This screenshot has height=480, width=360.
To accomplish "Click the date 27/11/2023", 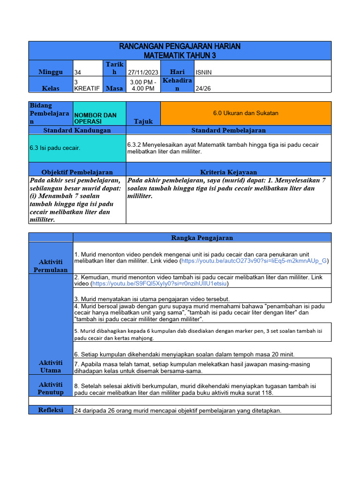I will pyautogui.click(x=143, y=72).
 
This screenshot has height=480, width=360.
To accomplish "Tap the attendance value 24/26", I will pyautogui.click(x=203, y=88).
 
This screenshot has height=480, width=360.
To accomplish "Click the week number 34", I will pyautogui.click(x=78, y=72).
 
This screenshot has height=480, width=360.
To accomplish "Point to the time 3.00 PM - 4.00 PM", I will pyautogui.click(x=143, y=85).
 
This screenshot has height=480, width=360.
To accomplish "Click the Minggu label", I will pyautogui.click(x=51, y=72).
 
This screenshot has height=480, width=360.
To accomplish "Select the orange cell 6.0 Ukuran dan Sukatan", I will pyautogui.click(x=246, y=113).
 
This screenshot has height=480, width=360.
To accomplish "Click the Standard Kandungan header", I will pyautogui.click(x=77, y=130).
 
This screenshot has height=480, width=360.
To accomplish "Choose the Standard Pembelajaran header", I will pyautogui.click(x=228, y=130).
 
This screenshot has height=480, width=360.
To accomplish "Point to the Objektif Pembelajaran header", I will pyautogui.click(x=77, y=172).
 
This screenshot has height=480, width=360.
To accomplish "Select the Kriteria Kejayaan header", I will pyautogui.click(x=228, y=172).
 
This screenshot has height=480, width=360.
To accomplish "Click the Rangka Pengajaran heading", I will pyautogui.click(x=202, y=238).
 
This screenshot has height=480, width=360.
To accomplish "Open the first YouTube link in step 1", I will pyautogui.click(x=255, y=261).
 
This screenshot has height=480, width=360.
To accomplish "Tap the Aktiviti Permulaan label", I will pyautogui.click(x=51, y=266).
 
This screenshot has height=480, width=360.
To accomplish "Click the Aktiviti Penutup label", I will pyautogui.click(x=51, y=388).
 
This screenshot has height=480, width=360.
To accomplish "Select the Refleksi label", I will pyautogui.click(x=51, y=410).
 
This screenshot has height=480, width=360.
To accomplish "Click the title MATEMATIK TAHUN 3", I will pyautogui.click(x=180, y=55).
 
